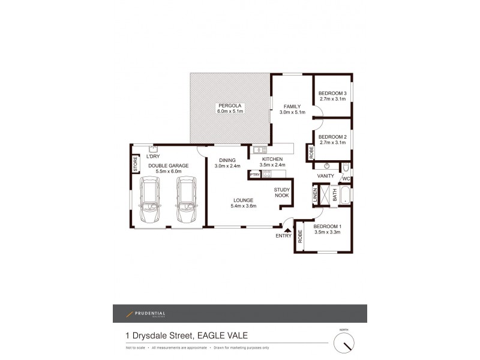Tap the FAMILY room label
click(292, 106)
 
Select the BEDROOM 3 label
click(332, 93)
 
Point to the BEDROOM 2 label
click(332, 137)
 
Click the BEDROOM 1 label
click(327, 226)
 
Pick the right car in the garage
click(187, 200)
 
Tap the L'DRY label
click(152, 157)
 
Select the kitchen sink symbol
click(260, 149)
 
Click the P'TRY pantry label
click(254, 175)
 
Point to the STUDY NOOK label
click(282, 192)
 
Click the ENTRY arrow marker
click(287, 230)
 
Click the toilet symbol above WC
click(347, 167)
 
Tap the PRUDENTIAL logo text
click(150, 313)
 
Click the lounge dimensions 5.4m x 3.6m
click(243, 206)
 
